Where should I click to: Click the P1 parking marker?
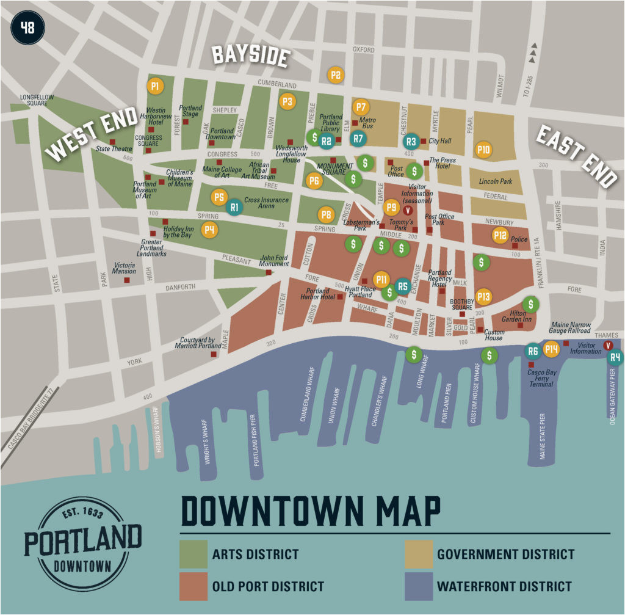pos(155,86)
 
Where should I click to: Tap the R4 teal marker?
pos(615,357)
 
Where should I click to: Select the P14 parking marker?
pos(551,349)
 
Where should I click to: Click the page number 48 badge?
pos(27,27)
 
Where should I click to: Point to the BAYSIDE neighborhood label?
pos(250,56)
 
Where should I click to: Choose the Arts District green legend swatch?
pos(193,554)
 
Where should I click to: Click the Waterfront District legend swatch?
pos(419,586)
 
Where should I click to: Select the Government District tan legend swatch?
pos(419,554)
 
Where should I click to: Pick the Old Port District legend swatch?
pos(193,586)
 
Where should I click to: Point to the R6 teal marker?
pos(533,351)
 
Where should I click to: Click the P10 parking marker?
pos(483,150)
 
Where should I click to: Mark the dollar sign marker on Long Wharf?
pos(414,354)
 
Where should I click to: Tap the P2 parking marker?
pos(335,75)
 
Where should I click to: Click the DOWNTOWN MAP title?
pos(311,511)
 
